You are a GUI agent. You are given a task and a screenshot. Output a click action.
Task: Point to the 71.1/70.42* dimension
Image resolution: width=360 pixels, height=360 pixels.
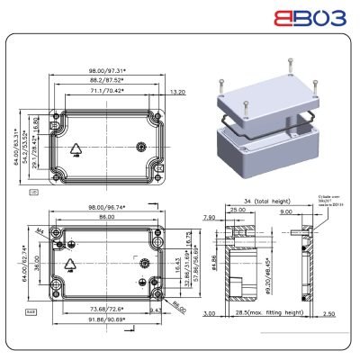[106, 91]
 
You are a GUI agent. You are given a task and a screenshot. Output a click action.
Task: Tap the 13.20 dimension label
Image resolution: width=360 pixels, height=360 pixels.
[177, 91]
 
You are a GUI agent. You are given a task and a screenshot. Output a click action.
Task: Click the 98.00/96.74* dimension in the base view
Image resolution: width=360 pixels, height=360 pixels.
[106, 206]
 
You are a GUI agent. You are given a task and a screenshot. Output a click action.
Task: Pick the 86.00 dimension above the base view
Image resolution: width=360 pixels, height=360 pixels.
[106, 218]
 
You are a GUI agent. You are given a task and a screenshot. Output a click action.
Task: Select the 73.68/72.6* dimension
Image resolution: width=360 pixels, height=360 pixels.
[106, 309]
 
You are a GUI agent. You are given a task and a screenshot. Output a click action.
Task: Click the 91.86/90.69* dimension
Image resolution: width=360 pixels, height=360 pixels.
[106, 319]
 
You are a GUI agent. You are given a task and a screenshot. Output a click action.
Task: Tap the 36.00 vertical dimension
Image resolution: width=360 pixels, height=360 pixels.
[37, 267]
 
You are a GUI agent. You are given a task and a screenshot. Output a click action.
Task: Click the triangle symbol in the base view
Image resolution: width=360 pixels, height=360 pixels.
[70, 264]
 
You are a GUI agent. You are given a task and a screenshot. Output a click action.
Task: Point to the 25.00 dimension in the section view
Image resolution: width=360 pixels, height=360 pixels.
[238, 210]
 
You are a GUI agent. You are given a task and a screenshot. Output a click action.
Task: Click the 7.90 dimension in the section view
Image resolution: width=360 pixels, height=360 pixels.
[209, 217]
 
